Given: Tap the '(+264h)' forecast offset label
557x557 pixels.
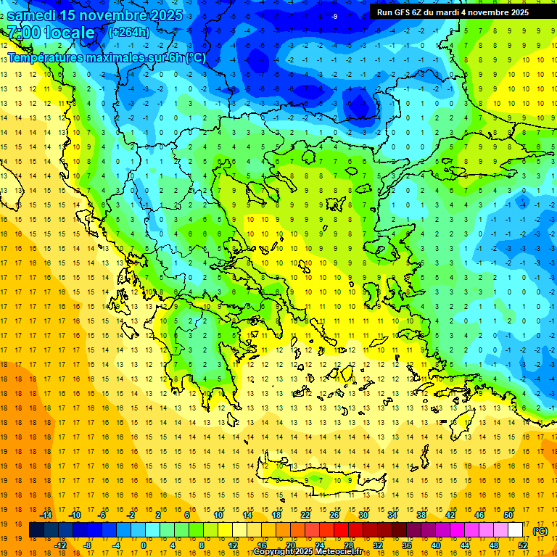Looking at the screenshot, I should pos(129,32).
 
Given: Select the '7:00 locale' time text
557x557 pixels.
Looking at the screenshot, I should pos(51,33).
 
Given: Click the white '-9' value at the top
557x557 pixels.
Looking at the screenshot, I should pos(334,17).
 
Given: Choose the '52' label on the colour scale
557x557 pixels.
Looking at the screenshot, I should pos(523,545).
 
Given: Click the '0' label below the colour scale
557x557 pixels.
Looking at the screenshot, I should pos(144,545).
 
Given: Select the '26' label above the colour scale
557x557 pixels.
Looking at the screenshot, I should pos(334,515).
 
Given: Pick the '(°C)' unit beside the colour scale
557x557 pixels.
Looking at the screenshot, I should pos(540,531).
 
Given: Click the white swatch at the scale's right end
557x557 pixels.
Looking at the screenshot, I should pos(516,530).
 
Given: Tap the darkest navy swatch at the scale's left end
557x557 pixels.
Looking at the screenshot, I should pos(37,530).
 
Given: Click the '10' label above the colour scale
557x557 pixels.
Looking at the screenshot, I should pos(218,515).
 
